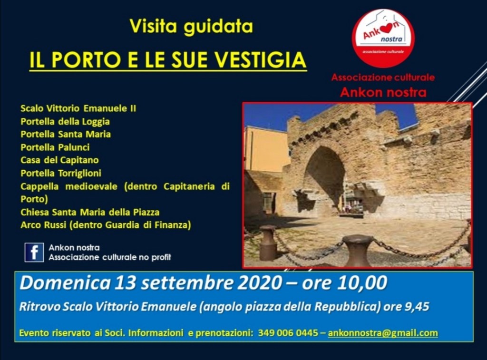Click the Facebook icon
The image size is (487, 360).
(34, 253)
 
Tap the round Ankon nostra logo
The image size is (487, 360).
(383, 38)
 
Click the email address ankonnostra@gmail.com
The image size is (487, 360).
(383, 333)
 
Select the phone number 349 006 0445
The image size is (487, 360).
(288, 333)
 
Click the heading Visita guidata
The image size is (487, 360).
(191, 27)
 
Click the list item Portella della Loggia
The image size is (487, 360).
(65, 121)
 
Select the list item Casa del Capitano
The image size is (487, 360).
(59, 160)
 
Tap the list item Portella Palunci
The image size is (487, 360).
(55, 147)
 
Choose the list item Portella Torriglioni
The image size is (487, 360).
(61, 173)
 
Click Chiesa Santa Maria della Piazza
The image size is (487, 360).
(90, 212)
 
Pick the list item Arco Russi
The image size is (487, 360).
(43, 225)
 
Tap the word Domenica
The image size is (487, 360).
(65, 283)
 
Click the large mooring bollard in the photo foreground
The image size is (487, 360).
(358, 251)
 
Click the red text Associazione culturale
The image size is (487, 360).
(383, 78)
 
